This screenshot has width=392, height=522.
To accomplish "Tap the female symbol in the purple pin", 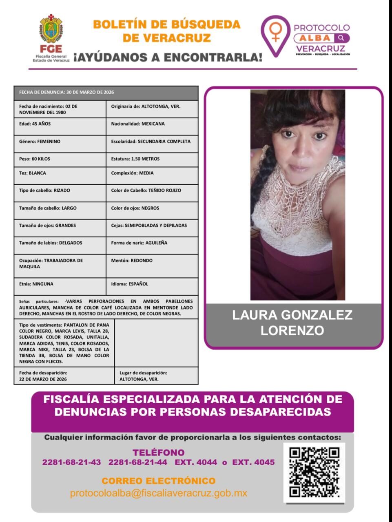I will (276, 31).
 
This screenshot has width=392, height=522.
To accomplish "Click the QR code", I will (314, 472).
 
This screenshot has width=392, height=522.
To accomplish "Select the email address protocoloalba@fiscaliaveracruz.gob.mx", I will (158, 493).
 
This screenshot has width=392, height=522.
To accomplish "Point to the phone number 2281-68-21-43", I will (71, 462).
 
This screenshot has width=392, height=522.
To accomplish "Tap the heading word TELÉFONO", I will (158, 452).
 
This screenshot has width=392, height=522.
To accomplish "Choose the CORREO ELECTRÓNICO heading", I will (158, 481).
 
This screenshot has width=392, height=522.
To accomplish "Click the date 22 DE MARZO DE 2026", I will (43, 379).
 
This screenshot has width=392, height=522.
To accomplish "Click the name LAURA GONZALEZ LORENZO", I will (292, 323).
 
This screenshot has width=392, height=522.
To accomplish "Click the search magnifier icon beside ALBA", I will (341, 38).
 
